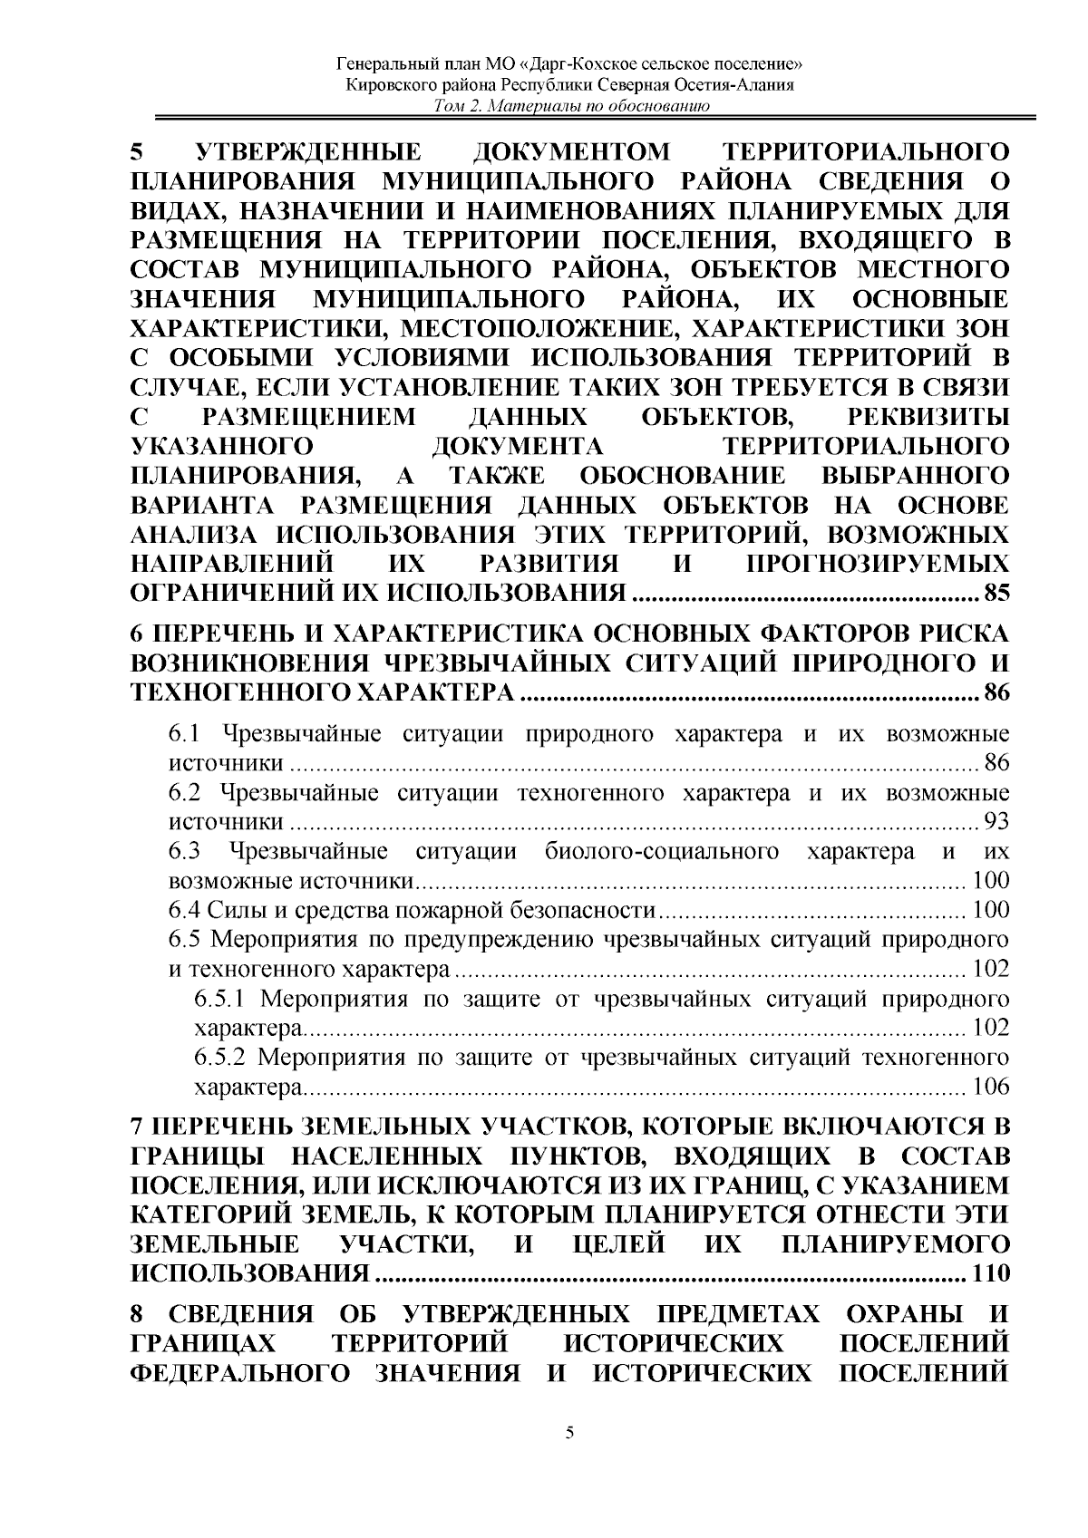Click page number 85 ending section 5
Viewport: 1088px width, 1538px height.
pos(996,595)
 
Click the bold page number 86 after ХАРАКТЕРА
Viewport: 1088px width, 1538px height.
pos(996,694)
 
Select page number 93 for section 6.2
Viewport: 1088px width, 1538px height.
pos(996,822)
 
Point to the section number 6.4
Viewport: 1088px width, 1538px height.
pos(186,909)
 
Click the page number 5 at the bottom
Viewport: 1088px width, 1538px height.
pos(569,1459)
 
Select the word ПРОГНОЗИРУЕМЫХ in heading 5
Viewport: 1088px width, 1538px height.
pos(876,565)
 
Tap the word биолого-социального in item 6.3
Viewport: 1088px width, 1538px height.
pos(663,852)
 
